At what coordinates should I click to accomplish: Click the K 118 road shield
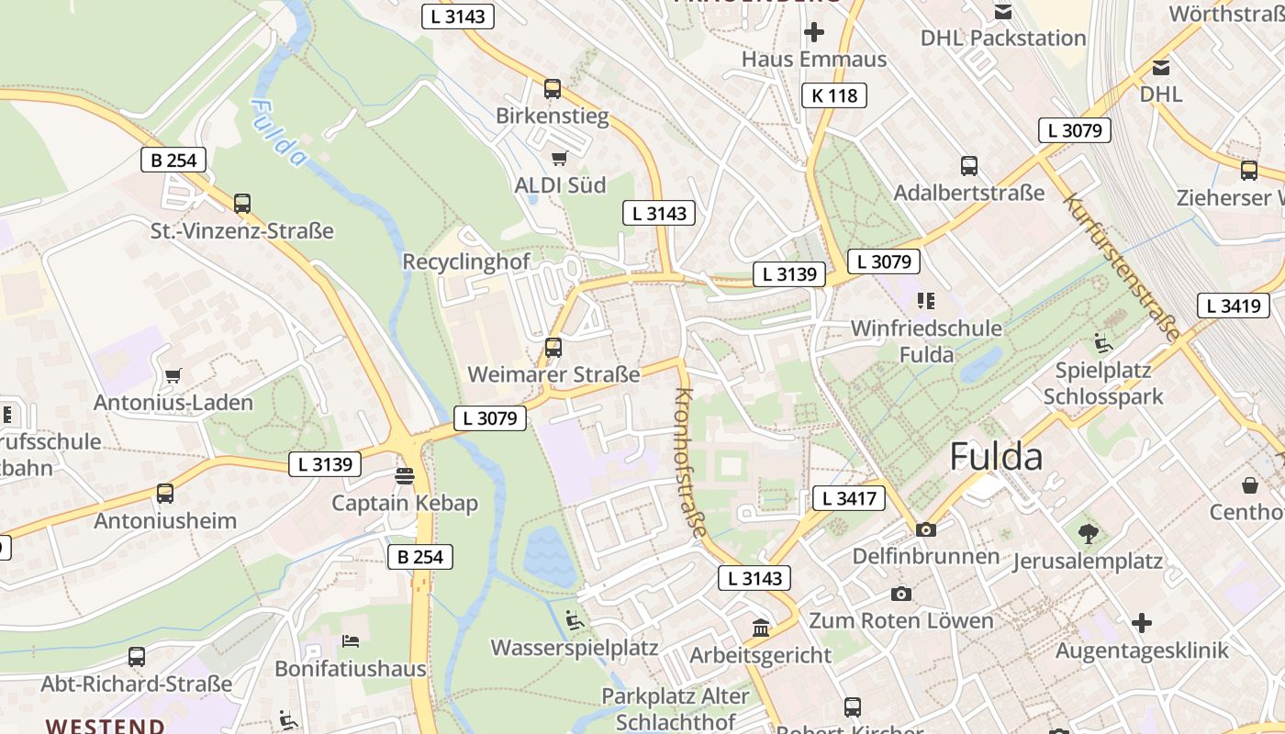coord(834,95)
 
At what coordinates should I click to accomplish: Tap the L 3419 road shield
coord(1233,306)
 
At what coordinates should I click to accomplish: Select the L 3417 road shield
coord(848,498)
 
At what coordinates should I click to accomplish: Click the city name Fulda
coord(996,456)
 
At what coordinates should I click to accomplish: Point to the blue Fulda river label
coord(277,132)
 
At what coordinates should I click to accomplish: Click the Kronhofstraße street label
coord(692,462)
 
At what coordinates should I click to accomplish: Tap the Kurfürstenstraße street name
coord(1121,266)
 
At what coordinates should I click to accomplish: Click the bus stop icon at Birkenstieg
coord(553,89)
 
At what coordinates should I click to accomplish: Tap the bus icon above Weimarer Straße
coord(553,348)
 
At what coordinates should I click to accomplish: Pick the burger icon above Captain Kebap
coord(404,476)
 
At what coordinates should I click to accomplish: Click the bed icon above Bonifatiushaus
coord(351,640)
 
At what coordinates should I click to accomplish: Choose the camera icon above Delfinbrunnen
coord(925,529)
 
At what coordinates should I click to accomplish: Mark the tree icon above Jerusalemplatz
coord(1089,533)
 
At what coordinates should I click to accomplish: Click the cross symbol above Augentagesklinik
coord(1141,624)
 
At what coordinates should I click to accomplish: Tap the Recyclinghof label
coord(466,261)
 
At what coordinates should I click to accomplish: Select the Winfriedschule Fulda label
coord(926,340)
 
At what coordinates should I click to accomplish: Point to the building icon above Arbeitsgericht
coord(761,628)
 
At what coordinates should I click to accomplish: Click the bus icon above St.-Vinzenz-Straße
coord(242,204)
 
